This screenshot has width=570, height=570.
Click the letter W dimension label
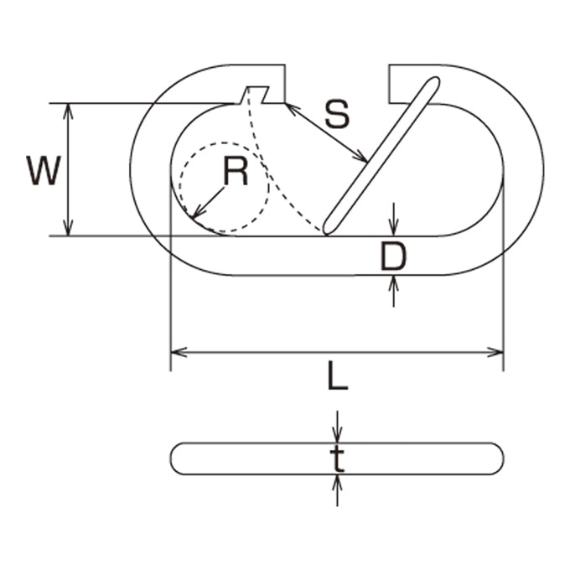(x=44, y=171)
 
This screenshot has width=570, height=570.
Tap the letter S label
(x=337, y=114)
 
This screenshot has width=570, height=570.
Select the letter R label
(x=236, y=171)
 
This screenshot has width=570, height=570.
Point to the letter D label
(x=393, y=256)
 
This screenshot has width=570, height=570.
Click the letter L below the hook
(x=338, y=376)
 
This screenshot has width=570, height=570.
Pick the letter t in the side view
(x=337, y=459)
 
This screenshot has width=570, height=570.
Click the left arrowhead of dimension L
(x=179, y=352)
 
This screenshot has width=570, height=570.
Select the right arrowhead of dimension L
(x=496, y=352)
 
